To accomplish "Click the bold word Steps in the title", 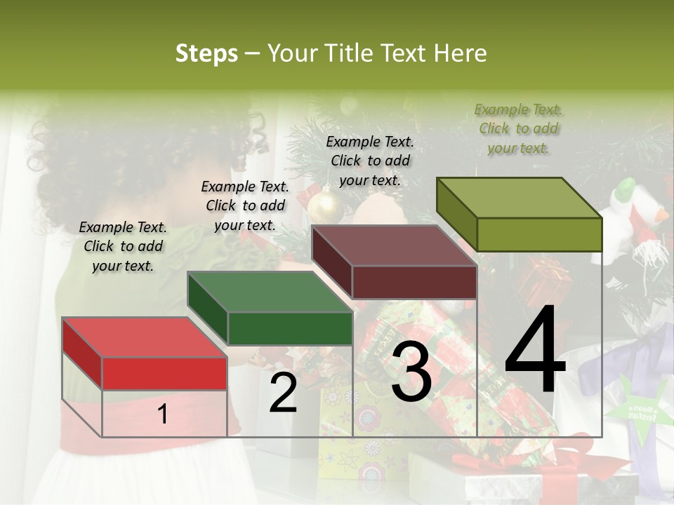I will [206, 53].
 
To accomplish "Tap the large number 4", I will [535, 351].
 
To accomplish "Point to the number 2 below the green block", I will [283, 393].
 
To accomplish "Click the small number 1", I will [163, 414].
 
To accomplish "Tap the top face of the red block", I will [144, 337].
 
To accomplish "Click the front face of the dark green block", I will [290, 328].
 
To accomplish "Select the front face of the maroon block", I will [414, 283].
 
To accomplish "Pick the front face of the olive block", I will [539, 234].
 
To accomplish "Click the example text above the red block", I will [123, 246].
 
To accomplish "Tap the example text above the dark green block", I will [245, 206].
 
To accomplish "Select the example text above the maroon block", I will [370, 161].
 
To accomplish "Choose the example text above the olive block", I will [519, 128].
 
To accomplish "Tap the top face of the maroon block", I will [395, 246].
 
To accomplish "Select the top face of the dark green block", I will [270, 292].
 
